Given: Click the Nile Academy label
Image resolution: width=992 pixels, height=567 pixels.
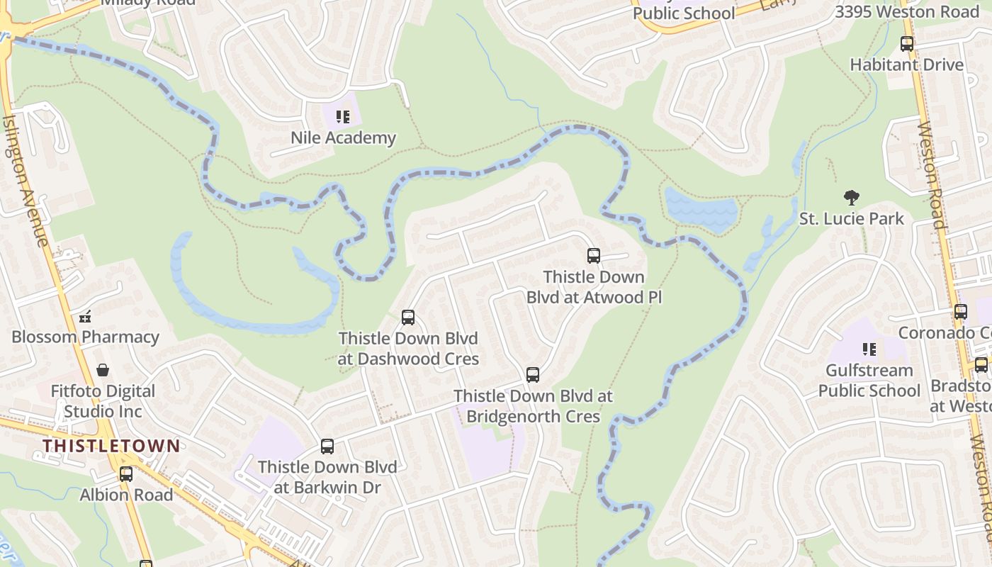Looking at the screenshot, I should pos(343,137).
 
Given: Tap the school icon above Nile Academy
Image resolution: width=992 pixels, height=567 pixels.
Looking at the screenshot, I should pos(343,116).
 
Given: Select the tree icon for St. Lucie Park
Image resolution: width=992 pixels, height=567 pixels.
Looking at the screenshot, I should pos(852,198).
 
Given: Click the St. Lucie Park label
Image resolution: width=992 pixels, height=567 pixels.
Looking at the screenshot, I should pos(852,218).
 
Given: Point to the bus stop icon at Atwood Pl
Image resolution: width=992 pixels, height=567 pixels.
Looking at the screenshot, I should pos(594,256).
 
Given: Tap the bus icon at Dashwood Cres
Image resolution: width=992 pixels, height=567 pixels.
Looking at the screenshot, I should pos(408,318).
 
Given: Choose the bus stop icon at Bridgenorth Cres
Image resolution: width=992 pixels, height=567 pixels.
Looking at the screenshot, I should pos(533,375).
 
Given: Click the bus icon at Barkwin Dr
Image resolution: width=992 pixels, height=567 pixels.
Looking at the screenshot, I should pos(327,447).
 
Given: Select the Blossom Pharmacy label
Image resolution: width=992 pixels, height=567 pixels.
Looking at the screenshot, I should pos(85,337).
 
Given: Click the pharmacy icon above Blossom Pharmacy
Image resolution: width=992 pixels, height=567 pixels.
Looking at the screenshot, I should pos(85,317).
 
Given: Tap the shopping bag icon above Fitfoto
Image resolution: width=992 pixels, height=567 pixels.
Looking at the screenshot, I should pos(103,370).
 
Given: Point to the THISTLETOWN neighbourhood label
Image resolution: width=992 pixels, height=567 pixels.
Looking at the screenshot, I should pos(111,446).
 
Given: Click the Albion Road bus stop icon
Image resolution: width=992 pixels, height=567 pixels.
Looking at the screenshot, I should pos(126,474).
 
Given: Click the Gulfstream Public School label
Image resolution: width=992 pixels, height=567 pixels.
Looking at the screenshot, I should pos(869,381).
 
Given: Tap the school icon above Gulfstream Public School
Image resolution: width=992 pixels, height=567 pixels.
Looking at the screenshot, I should pos(869,349).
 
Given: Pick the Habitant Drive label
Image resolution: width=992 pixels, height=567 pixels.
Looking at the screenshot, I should pos(907,64).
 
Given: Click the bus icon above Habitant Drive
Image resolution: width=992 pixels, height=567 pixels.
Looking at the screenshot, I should pos(907,44).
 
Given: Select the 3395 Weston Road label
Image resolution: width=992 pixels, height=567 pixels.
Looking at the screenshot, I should pos(907,11).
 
